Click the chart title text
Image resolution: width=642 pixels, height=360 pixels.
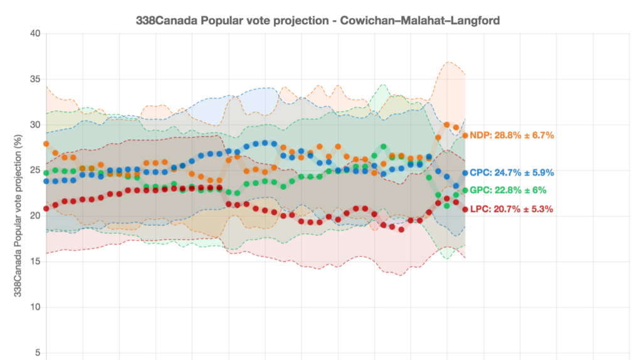pyautogui.click(x=318, y=20)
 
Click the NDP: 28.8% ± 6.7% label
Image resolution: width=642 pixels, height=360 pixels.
pyautogui.click(x=512, y=135)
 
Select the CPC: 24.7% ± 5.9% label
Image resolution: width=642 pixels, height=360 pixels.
pyautogui.click(x=512, y=172)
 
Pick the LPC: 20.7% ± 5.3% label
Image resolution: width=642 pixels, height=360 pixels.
pyautogui.click(x=512, y=209)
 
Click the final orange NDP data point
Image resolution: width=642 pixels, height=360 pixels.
pyautogui.click(x=465, y=135)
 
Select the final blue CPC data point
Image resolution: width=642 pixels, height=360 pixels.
pyautogui.click(x=465, y=173)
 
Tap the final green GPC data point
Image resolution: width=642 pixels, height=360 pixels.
pyautogui.click(x=465, y=190)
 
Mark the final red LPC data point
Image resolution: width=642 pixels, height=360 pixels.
pyautogui.click(x=465, y=209)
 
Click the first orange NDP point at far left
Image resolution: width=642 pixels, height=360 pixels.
pyautogui.click(x=46, y=144)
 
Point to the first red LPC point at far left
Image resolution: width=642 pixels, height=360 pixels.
pyautogui.click(x=46, y=208)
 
